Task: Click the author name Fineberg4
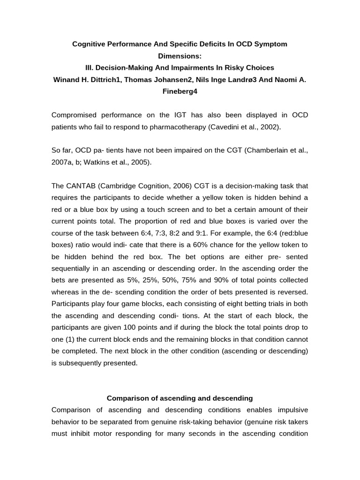click(180, 91)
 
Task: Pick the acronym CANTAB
click(80, 186)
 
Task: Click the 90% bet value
click(193, 280)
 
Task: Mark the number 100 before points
click(129, 327)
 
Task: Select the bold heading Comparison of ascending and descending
click(180, 398)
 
